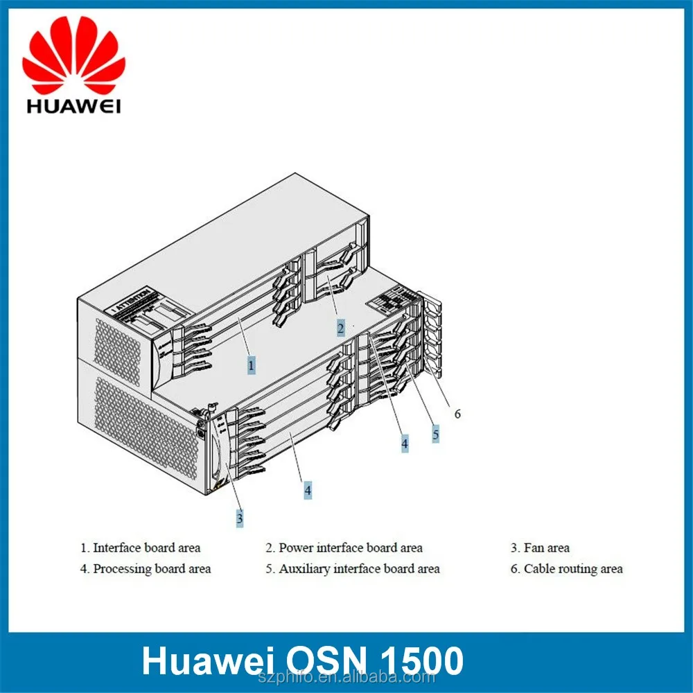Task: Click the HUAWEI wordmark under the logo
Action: (x=73, y=106)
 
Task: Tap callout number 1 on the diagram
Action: (x=252, y=362)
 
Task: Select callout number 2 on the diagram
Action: (x=341, y=327)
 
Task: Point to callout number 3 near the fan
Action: (x=240, y=516)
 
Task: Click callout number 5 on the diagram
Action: (x=436, y=435)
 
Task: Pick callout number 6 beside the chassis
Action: (x=457, y=414)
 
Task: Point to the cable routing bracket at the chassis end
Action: (x=431, y=336)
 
